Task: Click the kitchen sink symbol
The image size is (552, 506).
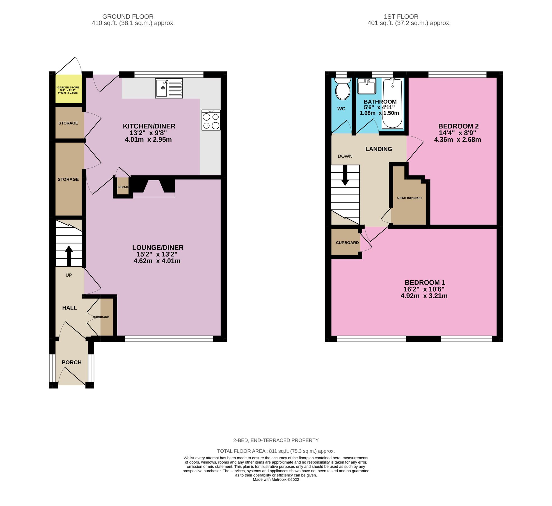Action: tap(169, 88)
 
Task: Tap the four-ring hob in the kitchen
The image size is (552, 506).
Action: tap(211, 120)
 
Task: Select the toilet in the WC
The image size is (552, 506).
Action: tap(343, 89)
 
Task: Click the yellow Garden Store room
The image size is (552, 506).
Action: tap(68, 89)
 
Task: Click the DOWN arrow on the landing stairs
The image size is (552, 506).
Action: tap(345, 175)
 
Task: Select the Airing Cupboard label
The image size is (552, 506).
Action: tap(409, 198)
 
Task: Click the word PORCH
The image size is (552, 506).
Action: tap(72, 362)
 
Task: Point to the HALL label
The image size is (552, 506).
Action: tap(69, 308)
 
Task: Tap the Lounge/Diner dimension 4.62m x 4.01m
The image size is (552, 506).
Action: tap(157, 261)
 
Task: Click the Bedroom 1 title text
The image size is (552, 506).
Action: tap(425, 282)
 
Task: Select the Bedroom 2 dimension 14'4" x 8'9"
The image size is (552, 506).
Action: tap(457, 133)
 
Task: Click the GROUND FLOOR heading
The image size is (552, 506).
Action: tap(128, 17)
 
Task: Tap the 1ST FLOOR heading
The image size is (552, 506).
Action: tap(401, 17)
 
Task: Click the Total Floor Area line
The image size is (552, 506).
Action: tap(276, 451)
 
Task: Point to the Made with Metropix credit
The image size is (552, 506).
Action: tap(276, 480)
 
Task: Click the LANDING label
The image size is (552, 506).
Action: tap(378, 149)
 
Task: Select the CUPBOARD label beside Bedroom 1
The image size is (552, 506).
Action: tap(347, 243)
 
